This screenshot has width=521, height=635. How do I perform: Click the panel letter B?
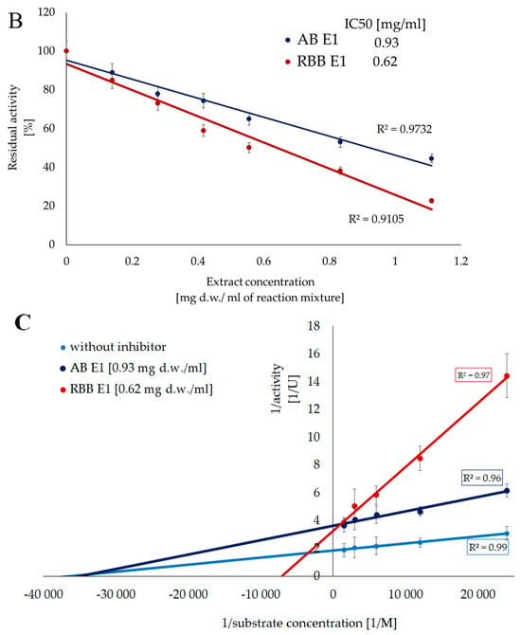point(15,20)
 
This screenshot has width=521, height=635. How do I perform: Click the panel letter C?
point(23,323)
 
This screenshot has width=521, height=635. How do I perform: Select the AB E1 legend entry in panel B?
point(312,40)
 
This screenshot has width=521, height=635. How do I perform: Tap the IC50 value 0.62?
point(385,62)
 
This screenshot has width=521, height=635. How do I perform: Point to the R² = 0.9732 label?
point(404,129)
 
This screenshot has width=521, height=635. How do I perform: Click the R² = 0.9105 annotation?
point(376,219)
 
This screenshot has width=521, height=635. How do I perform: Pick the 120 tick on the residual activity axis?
point(46,12)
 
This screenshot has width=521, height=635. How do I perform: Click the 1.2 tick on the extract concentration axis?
point(460,262)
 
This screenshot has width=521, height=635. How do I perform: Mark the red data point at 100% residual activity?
point(66,51)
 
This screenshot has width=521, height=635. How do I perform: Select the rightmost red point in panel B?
point(432,201)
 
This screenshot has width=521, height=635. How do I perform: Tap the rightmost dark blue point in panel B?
point(432,159)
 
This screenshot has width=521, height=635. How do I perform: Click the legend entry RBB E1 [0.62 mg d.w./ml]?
point(136,390)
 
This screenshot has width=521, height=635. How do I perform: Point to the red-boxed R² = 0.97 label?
point(474,375)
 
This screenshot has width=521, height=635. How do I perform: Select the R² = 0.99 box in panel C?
point(488,548)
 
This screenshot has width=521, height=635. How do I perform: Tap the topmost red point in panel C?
point(507,376)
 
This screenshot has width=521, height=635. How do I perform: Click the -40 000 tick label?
point(44,594)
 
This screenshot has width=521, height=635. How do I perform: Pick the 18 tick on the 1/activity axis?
point(314,326)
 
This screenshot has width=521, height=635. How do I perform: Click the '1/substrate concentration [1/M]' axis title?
point(309,623)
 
